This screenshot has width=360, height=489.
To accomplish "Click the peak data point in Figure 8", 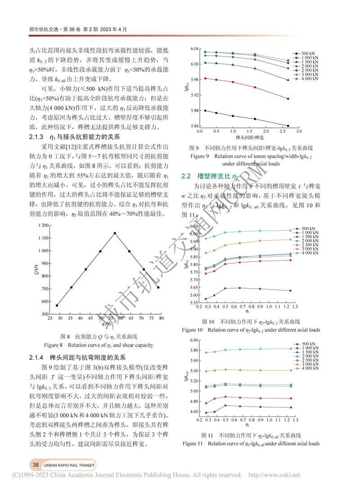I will click(115, 233).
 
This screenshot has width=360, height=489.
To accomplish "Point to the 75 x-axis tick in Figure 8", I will click(150, 318).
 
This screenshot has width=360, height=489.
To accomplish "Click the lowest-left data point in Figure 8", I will click(57, 305).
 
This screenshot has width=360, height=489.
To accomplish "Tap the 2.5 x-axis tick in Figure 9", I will click(283, 131).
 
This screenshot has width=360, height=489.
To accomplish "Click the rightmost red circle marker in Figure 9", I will click(288, 99).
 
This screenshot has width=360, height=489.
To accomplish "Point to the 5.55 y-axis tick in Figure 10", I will click(193, 303).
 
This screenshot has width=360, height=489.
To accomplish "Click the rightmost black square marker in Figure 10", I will click(291, 290).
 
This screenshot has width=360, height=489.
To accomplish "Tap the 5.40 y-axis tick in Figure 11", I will click(193, 371).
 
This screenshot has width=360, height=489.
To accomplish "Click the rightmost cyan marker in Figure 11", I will click(291, 349).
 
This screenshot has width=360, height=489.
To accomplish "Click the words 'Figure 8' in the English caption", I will click(55, 346).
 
